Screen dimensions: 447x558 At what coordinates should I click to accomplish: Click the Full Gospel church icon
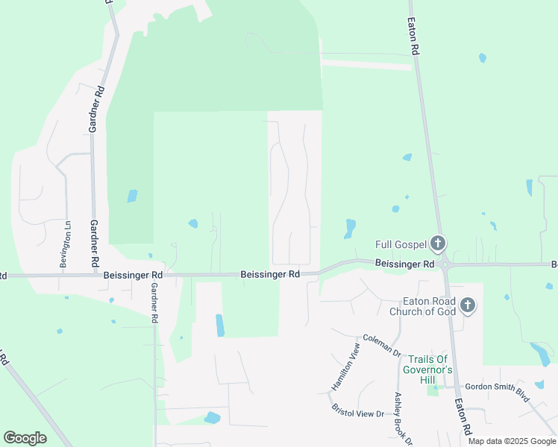(x=438, y=244)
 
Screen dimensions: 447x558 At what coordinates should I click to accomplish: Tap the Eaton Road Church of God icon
(x=468, y=305)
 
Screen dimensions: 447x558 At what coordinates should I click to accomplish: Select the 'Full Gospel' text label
(x=401, y=244)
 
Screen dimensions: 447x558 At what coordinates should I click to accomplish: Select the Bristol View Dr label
(x=358, y=408)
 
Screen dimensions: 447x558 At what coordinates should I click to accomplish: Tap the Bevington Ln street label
(x=66, y=244)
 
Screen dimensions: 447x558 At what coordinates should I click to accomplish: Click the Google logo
(x=25, y=438)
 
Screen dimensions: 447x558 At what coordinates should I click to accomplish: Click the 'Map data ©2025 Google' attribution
(x=512, y=441)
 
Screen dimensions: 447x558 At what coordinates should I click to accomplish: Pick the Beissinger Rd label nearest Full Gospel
(x=404, y=264)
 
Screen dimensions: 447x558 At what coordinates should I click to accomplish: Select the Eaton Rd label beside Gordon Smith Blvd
(x=463, y=416)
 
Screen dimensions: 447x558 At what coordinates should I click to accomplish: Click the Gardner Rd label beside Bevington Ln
(x=95, y=244)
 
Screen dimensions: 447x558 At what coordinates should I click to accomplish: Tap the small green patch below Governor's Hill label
(x=432, y=390)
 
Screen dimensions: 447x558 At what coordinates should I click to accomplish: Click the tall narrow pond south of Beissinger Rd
(x=219, y=325)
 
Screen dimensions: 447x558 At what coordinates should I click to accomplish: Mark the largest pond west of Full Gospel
(x=350, y=227)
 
